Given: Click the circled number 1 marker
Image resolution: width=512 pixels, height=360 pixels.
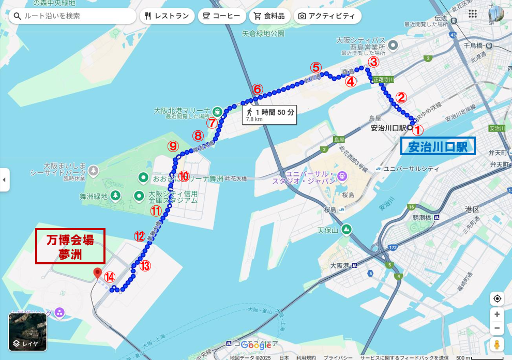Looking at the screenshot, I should pyautogui.click(x=418, y=131).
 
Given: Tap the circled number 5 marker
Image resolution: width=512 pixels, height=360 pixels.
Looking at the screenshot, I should pyautogui.click(x=316, y=67).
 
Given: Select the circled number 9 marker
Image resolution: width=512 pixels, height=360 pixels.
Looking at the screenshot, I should pyautogui.click(x=173, y=146).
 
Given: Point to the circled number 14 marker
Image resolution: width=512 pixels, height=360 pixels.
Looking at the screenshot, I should pyautogui.click(x=109, y=277).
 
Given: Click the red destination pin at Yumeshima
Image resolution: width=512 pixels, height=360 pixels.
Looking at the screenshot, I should pyautogui.click(x=97, y=273).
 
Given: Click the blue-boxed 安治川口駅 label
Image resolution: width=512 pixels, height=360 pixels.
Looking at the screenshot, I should pyautogui.click(x=438, y=146).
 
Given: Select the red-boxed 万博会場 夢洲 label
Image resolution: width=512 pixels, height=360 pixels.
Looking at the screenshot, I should pyautogui.click(x=70, y=246).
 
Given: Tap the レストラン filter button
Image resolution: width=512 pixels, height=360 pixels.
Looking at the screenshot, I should pyautogui.click(x=167, y=16).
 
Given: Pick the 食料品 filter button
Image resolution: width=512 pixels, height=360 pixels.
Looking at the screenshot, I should pyautogui.click(x=269, y=16).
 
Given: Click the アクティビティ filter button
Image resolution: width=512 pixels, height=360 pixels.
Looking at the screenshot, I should pyautogui.click(x=327, y=16).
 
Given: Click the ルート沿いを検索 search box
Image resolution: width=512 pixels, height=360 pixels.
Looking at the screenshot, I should pyautogui.click(x=72, y=16).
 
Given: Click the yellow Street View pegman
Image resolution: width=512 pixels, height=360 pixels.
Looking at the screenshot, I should pyautogui.click(x=496, y=345).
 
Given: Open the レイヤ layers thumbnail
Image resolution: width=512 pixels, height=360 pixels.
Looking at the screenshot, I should pyautogui.click(x=27, y=332).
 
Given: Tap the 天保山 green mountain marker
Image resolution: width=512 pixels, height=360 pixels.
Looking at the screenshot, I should pyautogui.click(x=346, y=229).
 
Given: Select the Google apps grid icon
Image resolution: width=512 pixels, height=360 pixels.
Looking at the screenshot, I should pyautogui.click(x=473, y=14).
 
